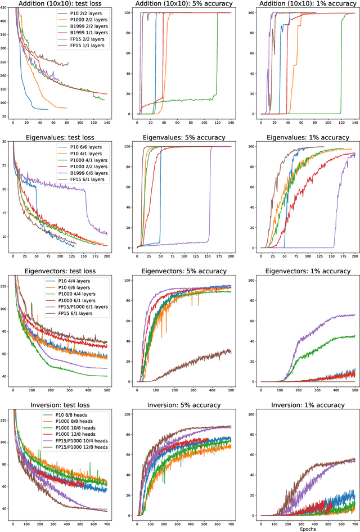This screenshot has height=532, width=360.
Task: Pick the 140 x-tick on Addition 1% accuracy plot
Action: (x=355, y=122)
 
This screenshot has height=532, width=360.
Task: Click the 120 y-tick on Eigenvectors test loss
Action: (x=5, y=286)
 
